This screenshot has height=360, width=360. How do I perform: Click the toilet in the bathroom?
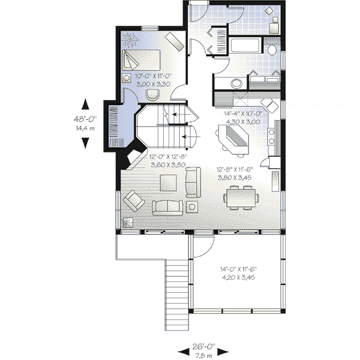point(272,48)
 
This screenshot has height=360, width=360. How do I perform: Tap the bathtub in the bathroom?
point(245,45)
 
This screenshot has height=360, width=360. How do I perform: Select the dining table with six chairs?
point(241,197)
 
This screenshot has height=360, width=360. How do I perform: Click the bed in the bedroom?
point(141,60)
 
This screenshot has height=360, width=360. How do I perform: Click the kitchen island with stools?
point(233,140)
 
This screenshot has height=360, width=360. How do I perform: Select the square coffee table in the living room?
point(168,183)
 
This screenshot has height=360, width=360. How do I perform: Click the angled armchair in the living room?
point(134,200)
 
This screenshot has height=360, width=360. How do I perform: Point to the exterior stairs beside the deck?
point(177,295)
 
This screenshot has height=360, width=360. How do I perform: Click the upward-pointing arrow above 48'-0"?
point(85,104)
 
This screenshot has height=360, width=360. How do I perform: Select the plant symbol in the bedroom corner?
point(130,40)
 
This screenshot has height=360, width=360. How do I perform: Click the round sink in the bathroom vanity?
point(236,83)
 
